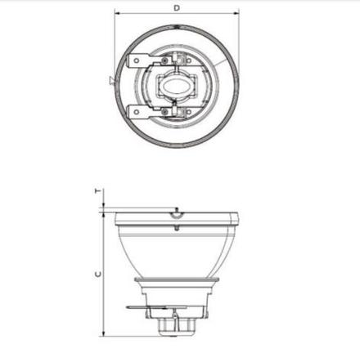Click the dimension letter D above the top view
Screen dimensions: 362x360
[x=177, y=7]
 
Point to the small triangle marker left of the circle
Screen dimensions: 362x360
[x=111, y=79]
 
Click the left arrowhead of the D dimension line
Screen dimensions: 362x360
[x=117, y=14]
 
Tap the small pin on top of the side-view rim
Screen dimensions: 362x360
[x=176, y=211]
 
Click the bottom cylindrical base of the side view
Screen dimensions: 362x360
[x=177, y=328]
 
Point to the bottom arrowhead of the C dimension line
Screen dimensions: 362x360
[x=103, y=333]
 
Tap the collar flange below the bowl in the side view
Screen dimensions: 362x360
[x=177, y=282]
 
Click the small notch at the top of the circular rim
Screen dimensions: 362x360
[x=177, y=25]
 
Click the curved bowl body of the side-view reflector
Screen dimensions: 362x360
[x=177, y=253]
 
